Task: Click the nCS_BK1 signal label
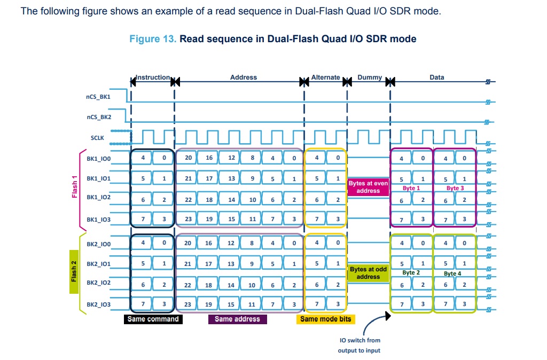(x=98, y=97)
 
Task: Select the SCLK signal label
(x=97, y=138)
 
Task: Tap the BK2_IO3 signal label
(x=98, y=304)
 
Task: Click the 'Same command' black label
(x=153, y=319)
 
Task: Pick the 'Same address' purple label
(x=238, y=319)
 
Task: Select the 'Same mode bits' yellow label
(x=326, y=319)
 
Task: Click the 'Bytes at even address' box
(x=368, y=187)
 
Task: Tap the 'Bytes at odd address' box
(x=368, y=273)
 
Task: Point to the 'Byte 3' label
(x=455, y=188)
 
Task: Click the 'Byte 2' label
(x=411, y=272)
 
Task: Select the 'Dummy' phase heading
(x=370, y=77)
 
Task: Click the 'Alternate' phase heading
(x=325, y=77)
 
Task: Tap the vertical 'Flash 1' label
(x=74, y=187)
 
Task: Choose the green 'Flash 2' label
(x=74, y=272)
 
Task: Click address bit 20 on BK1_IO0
(x=189, y=158)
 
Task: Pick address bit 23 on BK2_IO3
(x=187, y=304)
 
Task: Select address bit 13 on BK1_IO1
(x=231, y=178)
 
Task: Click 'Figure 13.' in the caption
(x=153, y=38)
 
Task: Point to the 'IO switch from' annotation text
(x=360, y=340)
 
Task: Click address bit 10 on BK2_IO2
(x=252, y=285)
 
